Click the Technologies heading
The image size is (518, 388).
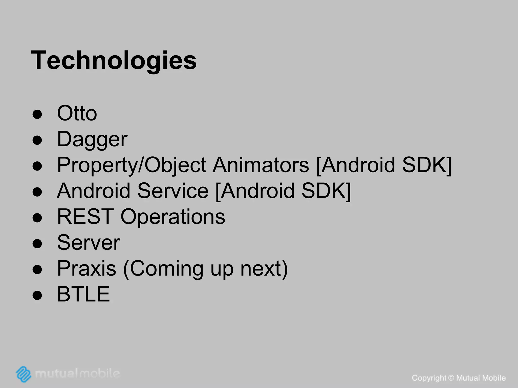[x=114, y=61]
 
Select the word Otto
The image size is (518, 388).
[x=77, y=113]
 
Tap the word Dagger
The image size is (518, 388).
[x=92, y=139]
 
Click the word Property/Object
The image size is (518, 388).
[x=132, y=165]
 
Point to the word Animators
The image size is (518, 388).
[x=261, y=165]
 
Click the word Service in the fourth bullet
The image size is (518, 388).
[x=173, y=191]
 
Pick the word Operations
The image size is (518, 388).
[x=173, y=217]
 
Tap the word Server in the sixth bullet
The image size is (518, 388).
[x=89, y=243]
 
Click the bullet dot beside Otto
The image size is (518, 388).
[x=37, y=114]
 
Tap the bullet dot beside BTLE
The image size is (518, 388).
[x=37, y=295]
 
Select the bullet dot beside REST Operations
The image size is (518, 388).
[x=37, y=217]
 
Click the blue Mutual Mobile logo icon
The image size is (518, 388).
[x=24, y=374]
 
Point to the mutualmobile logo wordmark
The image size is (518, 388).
[x=77, y=373]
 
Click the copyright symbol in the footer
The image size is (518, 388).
[x=451, y=378]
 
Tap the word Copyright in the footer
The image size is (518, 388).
[x=429, y=378]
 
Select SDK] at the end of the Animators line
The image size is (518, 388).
[x=426, y=165]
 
